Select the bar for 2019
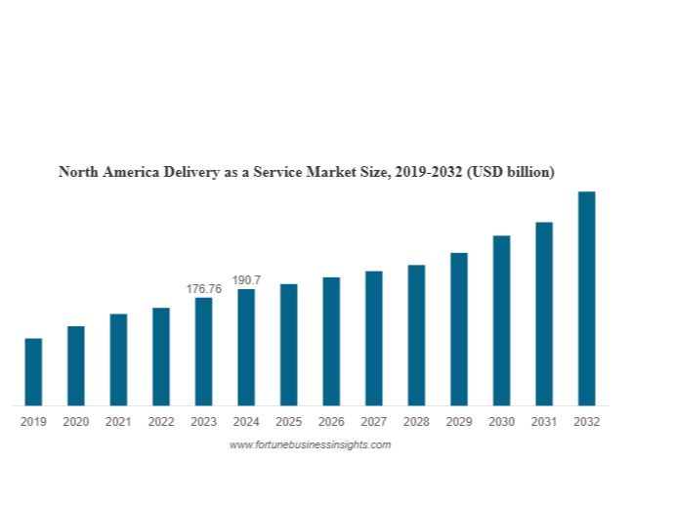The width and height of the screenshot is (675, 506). pyautogui.click(x=33, y=371)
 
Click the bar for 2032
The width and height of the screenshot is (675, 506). pyautogui.click(x=586, y=298)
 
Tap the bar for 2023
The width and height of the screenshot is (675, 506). pyautogui.click(x=203, y=351)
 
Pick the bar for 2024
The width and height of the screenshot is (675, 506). pyautogui.click(x=246, y=347)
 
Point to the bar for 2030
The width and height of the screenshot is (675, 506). pyautogui.click(x=501, y=320)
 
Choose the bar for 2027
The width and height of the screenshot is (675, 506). pyautogui.click(x=374, y=338)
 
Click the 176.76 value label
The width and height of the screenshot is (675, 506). pyautogui.click(x=204, y=289)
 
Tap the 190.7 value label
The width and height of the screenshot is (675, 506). pyautogui.click(x=246, y=280)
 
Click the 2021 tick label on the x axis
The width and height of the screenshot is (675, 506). pyautogui.click(x=118, y=422)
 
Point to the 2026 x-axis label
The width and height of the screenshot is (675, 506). pyautogui.click(x=331, y=422)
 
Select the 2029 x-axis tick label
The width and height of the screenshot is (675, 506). pyautogui.click(x=459, y=422)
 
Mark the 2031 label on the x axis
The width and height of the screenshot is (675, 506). pyautogui.click(x=544, y=422)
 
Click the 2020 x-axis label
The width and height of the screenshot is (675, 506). pyautogui.click(x=75, y=422)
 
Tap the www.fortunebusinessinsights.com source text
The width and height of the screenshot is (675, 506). pyautogui.click(x=310, y=444)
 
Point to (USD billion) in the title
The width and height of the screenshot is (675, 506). pyautogui.click(x=511, y=172)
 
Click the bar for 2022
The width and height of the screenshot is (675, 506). pyautogui.click(x=161, y=357)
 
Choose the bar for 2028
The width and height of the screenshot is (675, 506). pyautogui.click(x=416, y=335)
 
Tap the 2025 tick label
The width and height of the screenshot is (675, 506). pyautogui.click(x=288, y=422)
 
